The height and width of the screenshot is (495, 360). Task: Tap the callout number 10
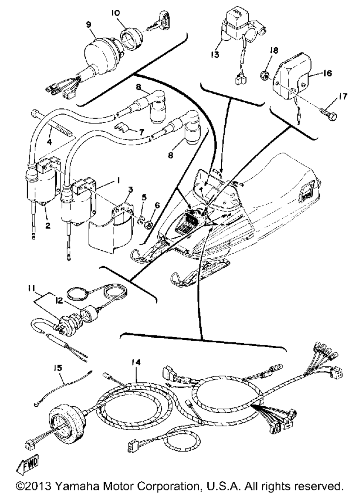point(115,13)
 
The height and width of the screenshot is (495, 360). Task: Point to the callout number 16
point(327,73)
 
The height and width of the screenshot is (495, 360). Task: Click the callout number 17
point(343,96)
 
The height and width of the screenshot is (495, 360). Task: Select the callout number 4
point(49,142)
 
